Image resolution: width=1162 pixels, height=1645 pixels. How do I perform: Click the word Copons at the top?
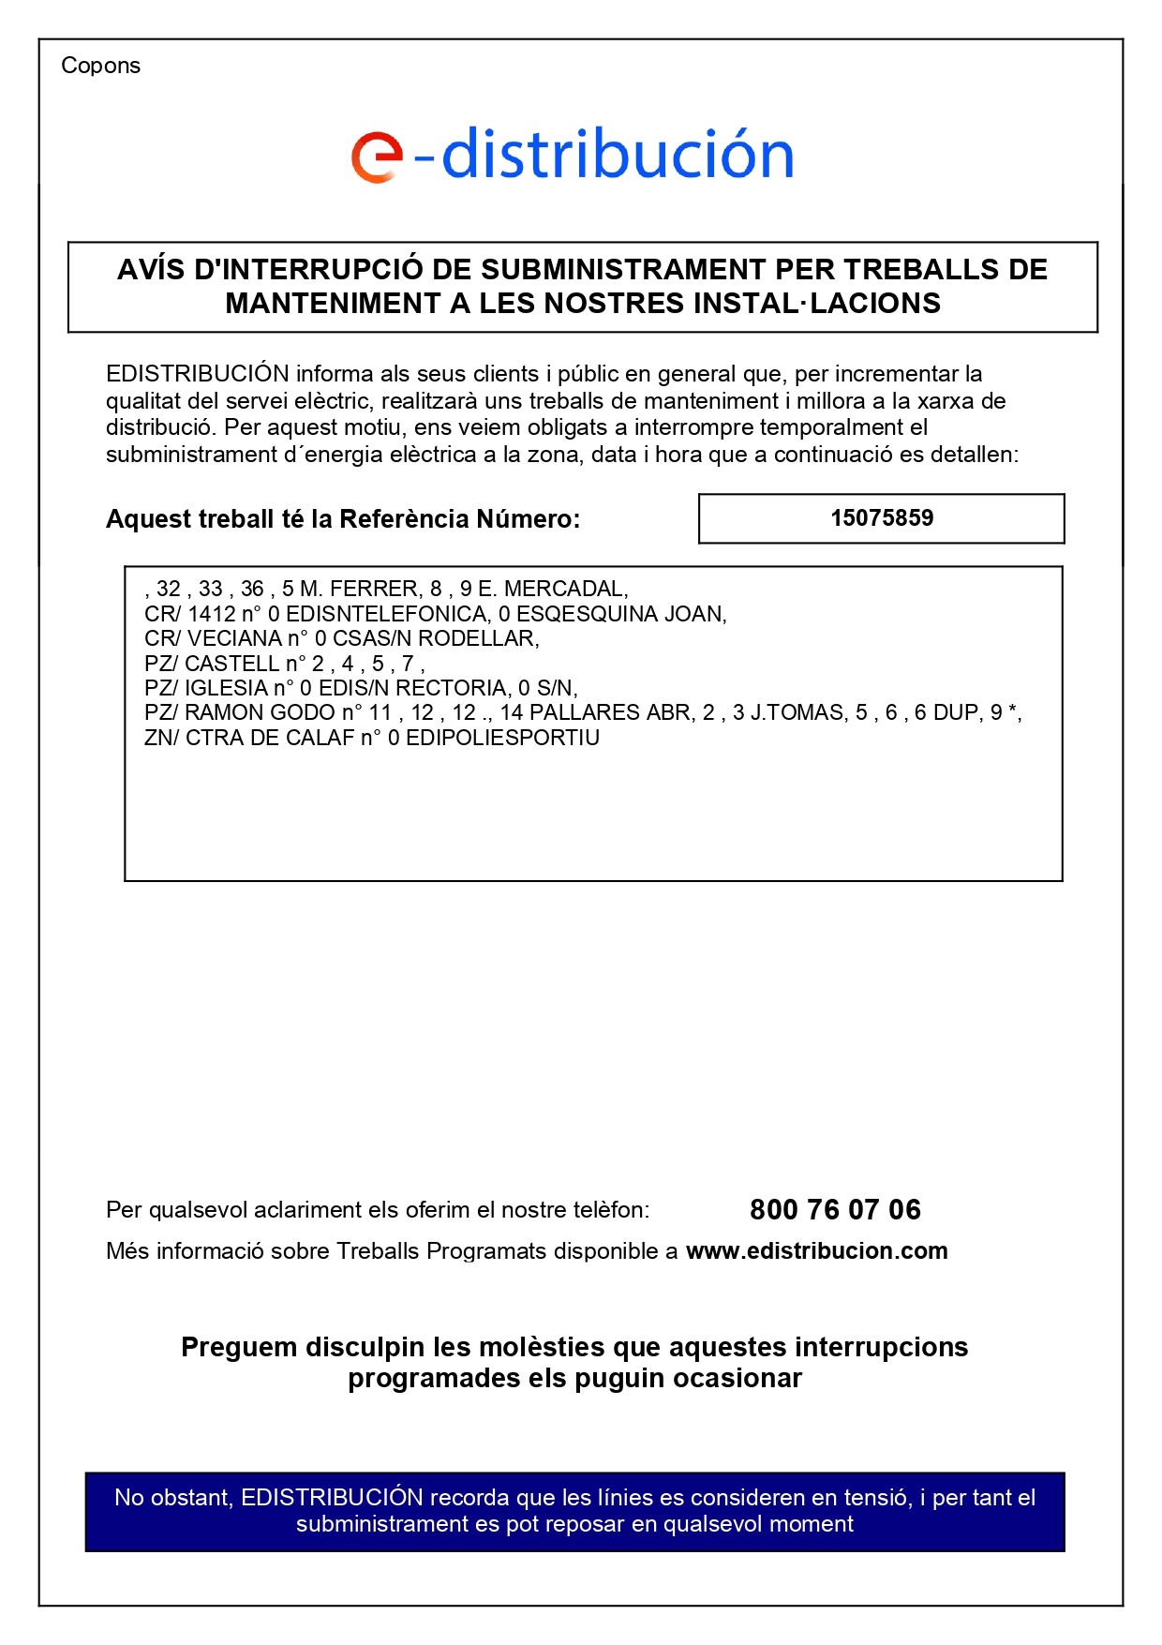[100, 66]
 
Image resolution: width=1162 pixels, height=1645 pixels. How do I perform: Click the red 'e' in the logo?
[376, 157]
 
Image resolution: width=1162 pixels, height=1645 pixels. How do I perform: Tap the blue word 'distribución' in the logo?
[618, 154]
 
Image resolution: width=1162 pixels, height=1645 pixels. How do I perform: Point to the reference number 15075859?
[882, 518]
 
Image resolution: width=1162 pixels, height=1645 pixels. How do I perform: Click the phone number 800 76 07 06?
[835, 1210]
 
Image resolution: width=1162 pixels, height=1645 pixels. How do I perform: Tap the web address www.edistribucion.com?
[816, 1251]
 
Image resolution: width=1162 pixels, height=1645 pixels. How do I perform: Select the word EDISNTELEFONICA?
[387, 615]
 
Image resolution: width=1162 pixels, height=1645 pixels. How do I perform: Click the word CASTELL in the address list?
[231, 665]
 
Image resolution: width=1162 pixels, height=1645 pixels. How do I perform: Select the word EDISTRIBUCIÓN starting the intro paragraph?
[197, 374]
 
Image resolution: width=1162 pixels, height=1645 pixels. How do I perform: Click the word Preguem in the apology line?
[239, 1348]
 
